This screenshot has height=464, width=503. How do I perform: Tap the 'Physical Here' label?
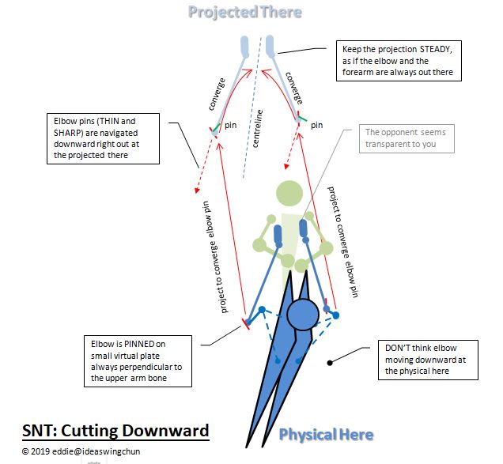tap(326, 434)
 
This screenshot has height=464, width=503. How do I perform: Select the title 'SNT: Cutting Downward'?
tap(115, 430)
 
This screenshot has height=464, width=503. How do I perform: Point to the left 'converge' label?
tap(218, 93)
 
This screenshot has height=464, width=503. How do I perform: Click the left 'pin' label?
tap(231, 125)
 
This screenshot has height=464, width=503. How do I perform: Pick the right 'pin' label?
tap(316, 124)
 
